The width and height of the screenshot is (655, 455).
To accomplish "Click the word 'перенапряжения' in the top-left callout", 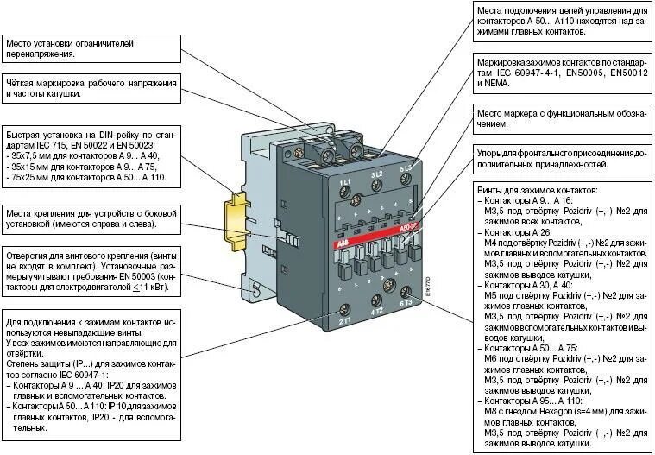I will pyautogui.click(x=41, y=53).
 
